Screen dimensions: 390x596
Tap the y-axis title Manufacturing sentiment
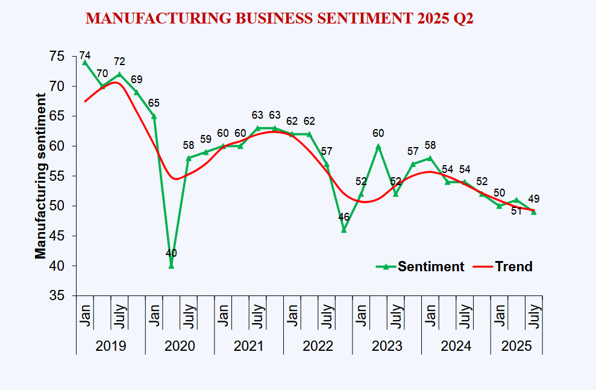coord(40,176)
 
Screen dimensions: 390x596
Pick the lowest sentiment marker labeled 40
coord(171,265)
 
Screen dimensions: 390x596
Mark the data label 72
coord(119,61)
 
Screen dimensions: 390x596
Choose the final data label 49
coord(533,198)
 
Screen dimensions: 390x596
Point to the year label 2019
coord(111,347)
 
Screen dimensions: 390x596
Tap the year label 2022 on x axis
coord(318,347)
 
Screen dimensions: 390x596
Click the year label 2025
coord(516,347)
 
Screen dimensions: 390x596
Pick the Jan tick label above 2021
coord(222,315)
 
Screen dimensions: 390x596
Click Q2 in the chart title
coord(461,19)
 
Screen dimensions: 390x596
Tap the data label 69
coord(137,79)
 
